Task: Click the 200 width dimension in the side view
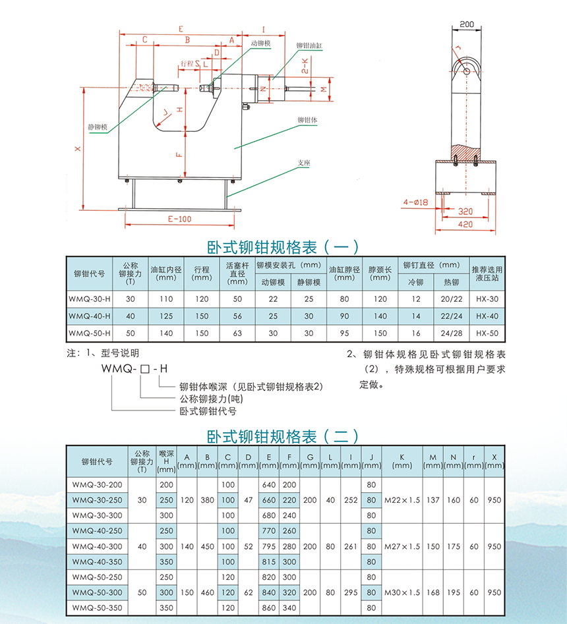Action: point(467,24)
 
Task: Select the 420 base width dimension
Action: point(466,225)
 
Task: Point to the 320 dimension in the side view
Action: point(466,212)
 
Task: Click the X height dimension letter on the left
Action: point(78,149)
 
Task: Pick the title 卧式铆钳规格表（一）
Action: point(283,247)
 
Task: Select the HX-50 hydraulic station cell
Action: point(487,333)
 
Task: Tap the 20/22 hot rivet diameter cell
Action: point(451,299)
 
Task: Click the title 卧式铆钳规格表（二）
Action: point(283,436)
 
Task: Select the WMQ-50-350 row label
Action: point(97,608)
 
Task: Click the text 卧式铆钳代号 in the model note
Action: point(208,411)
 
